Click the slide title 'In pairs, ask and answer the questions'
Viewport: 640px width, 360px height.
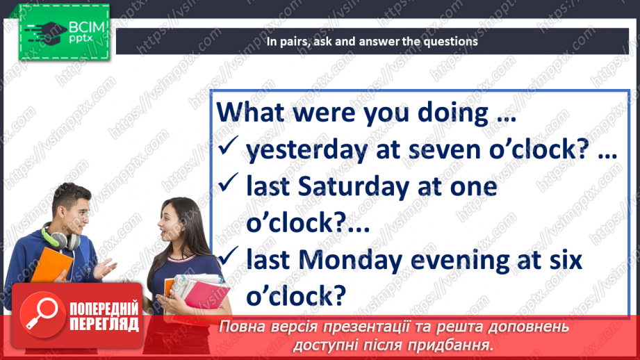coord(372,41)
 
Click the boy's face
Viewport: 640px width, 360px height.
coord(69,208)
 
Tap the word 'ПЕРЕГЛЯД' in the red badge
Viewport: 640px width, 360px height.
coord(104,324)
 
